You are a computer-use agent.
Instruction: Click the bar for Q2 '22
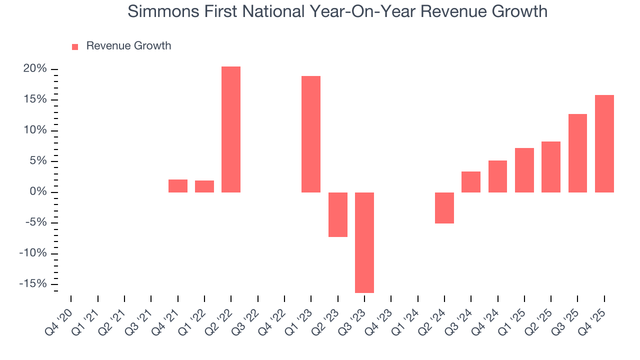coord(231,129)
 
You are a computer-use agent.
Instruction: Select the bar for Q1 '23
coord(311,134)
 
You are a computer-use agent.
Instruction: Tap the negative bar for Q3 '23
coord(364,242)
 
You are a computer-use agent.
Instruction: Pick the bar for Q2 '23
coord(337,214)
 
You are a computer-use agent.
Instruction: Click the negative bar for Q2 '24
coord(444,207)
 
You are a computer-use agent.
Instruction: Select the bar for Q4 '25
coord(604,143)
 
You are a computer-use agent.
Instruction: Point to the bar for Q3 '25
coord(577,153)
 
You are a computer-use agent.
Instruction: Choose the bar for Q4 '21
coord(177,185)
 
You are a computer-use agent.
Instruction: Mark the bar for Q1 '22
coord(204,186)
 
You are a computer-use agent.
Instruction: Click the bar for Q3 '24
coord(471,182)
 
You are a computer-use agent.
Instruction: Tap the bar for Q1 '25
coord(524,170)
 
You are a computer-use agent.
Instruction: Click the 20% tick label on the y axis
coord(34,69)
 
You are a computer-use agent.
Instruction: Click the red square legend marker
coord(75,47)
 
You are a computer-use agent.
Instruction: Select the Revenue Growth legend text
coord(128,46)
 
